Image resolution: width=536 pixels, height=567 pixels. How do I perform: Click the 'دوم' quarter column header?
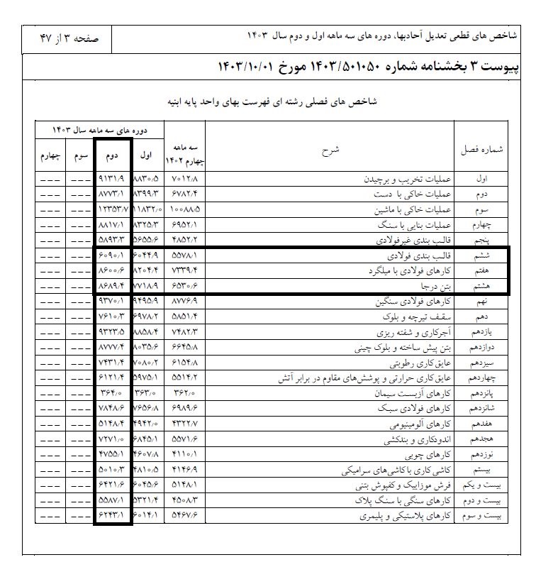[112, 155]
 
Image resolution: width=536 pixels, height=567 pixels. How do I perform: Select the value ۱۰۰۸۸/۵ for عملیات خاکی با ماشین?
[184, 210]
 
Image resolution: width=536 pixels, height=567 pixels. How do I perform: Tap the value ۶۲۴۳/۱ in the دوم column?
[112, 516]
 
